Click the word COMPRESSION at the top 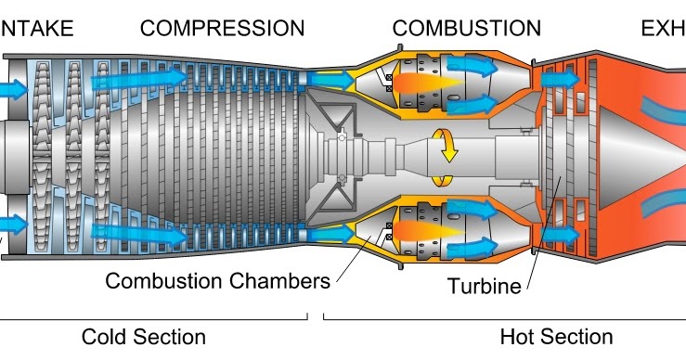tap(222, 28)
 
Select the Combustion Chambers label tap(217, 280)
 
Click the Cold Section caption tap(144, 336)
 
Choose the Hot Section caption tap(556, 336)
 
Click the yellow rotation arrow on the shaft tap(448, 147)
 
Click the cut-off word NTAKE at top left tap(37, 28)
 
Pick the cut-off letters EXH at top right tap(663, 28)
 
